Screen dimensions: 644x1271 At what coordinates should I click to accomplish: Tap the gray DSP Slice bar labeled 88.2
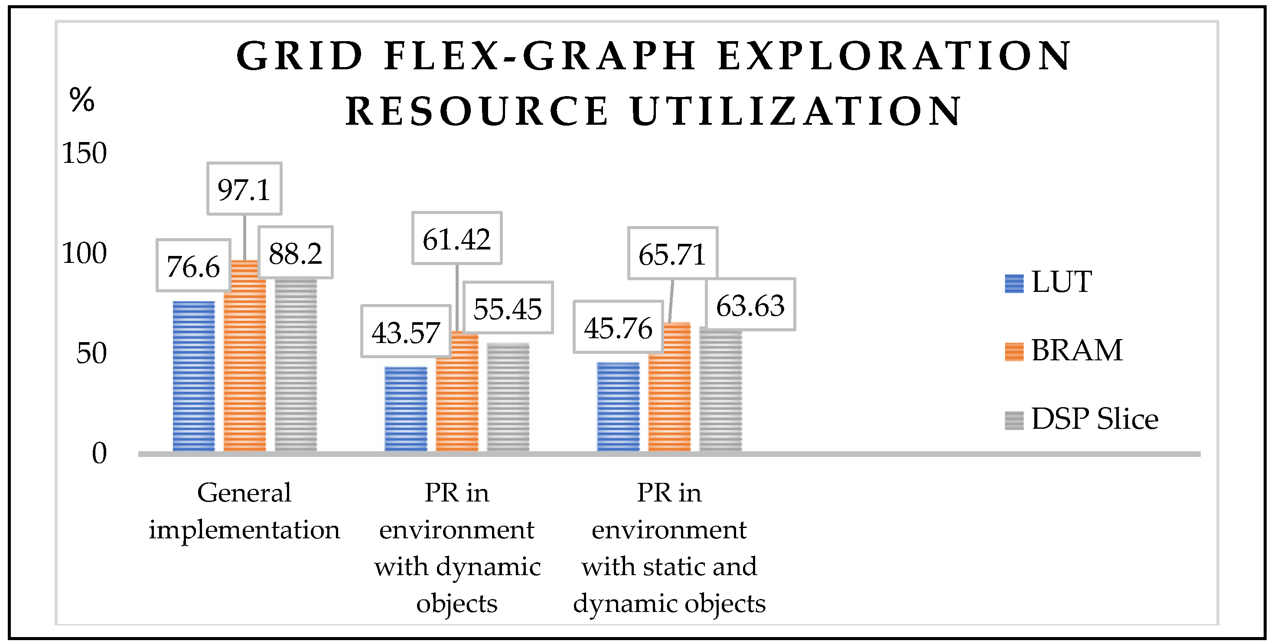[296, 365]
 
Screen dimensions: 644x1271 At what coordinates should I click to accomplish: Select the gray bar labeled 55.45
[508, 397]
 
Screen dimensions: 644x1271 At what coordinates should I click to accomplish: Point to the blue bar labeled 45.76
[618, 406]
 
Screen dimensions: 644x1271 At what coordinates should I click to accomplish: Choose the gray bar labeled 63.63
[720, 389]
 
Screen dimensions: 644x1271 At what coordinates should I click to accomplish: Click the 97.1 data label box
[244, 189]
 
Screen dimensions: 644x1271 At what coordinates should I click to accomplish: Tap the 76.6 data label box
[193, 266]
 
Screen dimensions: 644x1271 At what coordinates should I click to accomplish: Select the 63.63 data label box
[750, 304]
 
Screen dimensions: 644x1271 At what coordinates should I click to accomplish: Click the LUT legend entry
[1049, 282]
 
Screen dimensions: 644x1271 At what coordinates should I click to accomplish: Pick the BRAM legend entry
[1063, 351]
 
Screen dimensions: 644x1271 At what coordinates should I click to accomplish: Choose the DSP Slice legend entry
[1081, 420]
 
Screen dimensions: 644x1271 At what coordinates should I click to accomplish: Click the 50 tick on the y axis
[91, 353]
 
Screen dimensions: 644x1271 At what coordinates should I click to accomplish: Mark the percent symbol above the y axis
[82, 100]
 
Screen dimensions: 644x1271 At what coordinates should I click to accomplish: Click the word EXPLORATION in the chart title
[893, 56]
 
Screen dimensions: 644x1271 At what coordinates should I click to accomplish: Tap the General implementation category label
[244, 511]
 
